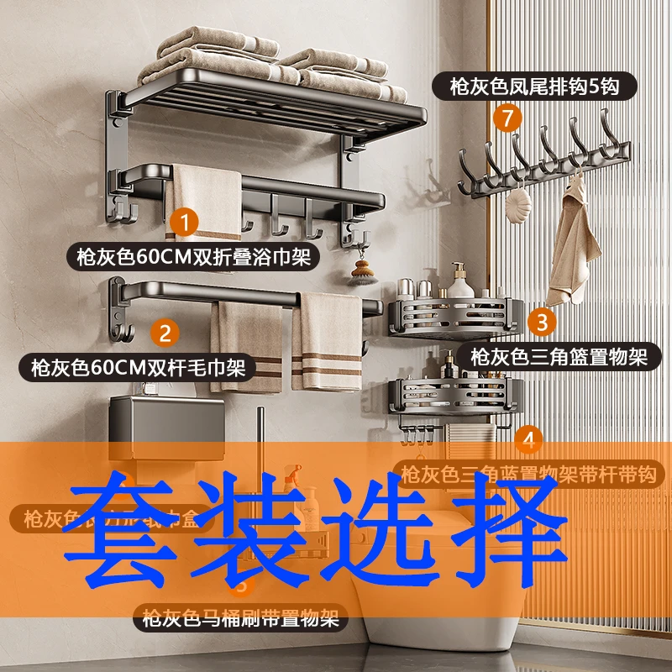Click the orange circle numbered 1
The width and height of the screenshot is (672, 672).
pyautogui.click(x=184, y=223)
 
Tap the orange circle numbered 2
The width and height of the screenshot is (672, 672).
pyautogui.click(x=165, y=333)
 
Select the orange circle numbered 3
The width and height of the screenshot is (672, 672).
pyautogui.click(x=543, y=321)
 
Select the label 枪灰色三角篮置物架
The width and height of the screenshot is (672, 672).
pyautogui.click(x=559, y=357)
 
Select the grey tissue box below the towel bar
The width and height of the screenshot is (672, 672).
pyautogui.click(x=167, y=423)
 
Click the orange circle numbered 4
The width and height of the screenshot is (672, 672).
pyautogui.click(x=528, y=438)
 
